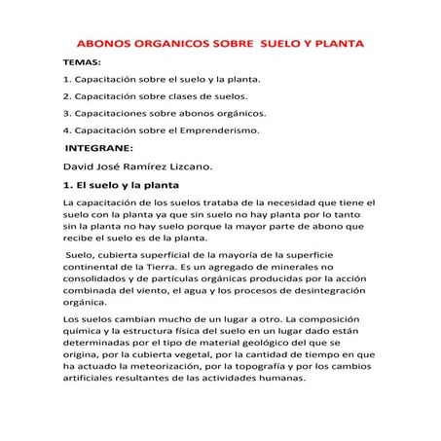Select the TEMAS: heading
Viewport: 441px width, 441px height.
[80, 62]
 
